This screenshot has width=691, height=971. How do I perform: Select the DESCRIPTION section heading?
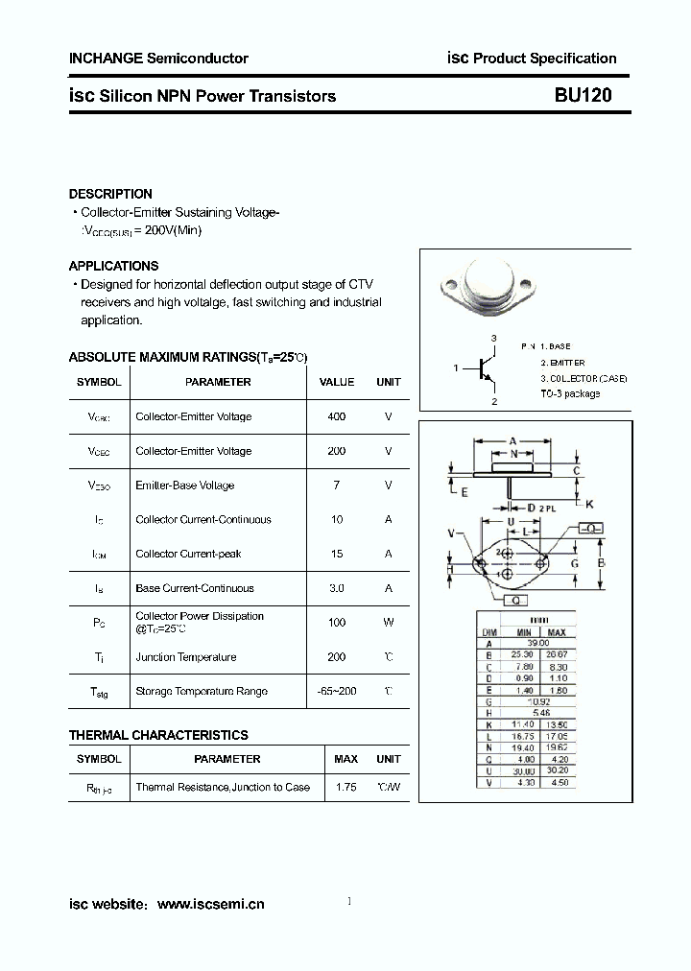(110, 194)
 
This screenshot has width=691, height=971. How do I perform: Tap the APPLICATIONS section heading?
(113, 266)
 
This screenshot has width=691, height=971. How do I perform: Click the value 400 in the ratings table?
(336, 416)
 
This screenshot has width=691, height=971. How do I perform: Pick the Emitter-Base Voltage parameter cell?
(184, 485)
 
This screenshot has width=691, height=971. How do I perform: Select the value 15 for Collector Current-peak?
(336, 554)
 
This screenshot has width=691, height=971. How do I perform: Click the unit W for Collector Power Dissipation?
(389, 623)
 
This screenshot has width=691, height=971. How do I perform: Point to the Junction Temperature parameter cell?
(186, 657)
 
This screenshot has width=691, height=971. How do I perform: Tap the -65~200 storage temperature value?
(336, 692)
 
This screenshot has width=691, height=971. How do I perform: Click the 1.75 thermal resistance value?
(345, 787)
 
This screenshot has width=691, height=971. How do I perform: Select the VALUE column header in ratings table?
(336, 382)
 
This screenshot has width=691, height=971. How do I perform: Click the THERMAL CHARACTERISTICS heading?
(158, 735)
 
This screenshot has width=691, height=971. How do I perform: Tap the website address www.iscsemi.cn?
(210, 904)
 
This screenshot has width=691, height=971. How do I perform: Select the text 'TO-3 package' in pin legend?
(570, 393)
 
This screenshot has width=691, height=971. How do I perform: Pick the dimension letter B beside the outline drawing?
(601, 563)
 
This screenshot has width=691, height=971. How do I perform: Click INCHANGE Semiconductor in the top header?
(158, 59)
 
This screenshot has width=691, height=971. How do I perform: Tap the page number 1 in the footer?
(348, 901)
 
